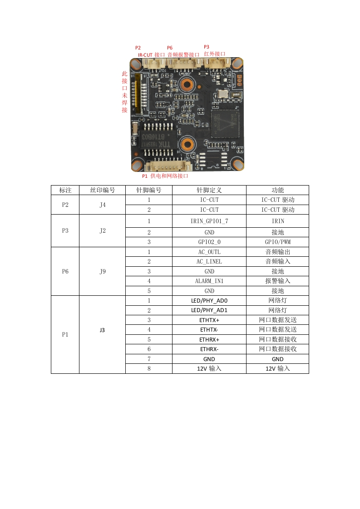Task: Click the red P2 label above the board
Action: (138, 48)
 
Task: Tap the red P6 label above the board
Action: (170, 48)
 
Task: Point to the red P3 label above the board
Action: (207, 47)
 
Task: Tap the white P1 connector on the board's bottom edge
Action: (167, 166)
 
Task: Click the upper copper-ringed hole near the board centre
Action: (186, 84)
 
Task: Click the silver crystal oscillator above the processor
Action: (223, 94)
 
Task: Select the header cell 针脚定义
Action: (209, 190)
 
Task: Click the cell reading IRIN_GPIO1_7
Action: (209, 221)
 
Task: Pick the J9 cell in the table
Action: (102, 271)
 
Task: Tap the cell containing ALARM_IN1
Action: (209, 281)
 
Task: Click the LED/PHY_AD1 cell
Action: (209, 310)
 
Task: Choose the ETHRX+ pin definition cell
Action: (209, 339)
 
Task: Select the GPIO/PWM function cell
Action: (277, 242)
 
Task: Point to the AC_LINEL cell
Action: (209, 261)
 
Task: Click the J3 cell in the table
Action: (102, 330)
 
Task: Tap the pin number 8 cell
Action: (149, 368)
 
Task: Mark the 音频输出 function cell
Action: (277, 252)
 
